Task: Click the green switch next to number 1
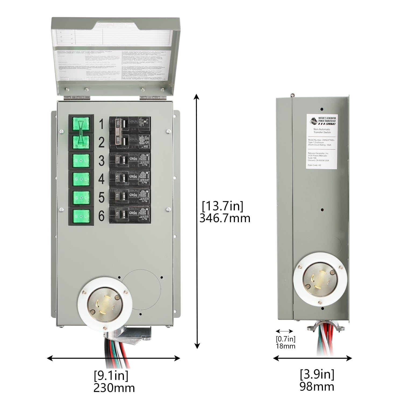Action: [x=81, y=124]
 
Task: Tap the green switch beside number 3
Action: [x=81, y=161]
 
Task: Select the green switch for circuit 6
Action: [x=81, y=216]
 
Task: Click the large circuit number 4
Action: [x=101, y=179]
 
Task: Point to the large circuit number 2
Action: [x=101, y=142]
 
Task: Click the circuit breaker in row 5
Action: [x=129, y=197]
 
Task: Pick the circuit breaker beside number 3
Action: [x=129, y=161]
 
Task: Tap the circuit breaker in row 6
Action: [x=129, y=216]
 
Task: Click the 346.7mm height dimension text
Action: [x=225, y=218]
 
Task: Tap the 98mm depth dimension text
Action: [x=317, y=387]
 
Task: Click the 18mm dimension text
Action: [x=286, y=346]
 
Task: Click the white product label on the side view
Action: [x=322, y=141]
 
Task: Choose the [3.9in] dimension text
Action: [x=317, y=374]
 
